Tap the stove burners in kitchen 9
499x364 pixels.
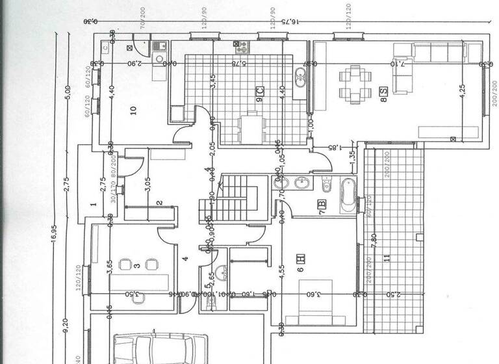[241, 47]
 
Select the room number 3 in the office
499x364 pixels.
[137, 265]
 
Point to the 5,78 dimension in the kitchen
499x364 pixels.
[238, 64]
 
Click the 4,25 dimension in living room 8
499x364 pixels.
[463, 91]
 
